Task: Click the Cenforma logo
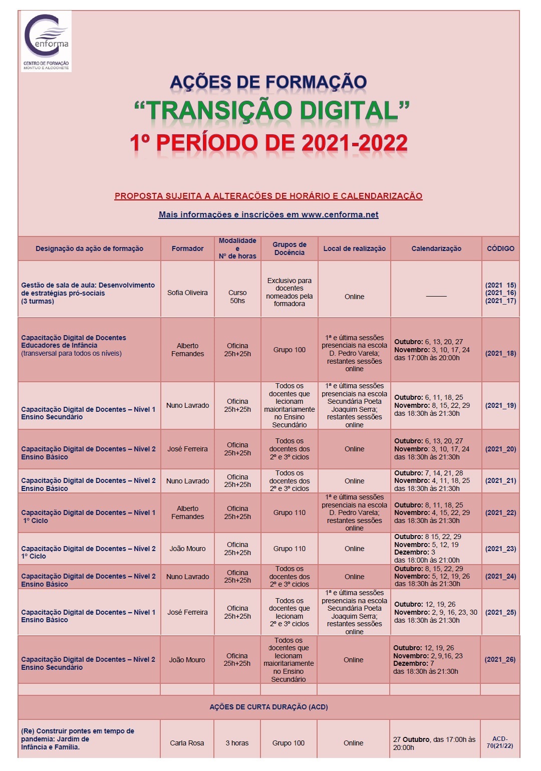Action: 46,42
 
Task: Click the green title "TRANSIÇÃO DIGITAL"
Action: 272,111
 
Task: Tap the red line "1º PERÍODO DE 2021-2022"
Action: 268,143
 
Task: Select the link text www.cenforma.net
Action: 340,214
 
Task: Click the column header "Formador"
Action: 187,248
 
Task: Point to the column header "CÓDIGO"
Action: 500,248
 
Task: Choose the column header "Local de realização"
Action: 354,248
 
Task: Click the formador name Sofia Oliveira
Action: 187,293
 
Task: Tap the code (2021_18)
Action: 500,353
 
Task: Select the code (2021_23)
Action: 500,549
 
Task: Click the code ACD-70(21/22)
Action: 500,742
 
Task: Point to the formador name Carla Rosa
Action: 187,743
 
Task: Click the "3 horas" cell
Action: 237,743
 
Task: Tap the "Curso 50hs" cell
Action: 237,297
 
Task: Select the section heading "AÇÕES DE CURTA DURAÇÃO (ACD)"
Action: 268,707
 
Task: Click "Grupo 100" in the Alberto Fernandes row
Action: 289,350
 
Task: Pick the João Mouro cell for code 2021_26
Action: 187,660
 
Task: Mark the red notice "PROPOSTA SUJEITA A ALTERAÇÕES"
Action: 268,196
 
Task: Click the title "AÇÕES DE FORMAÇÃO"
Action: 268,82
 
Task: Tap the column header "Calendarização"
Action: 436,248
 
